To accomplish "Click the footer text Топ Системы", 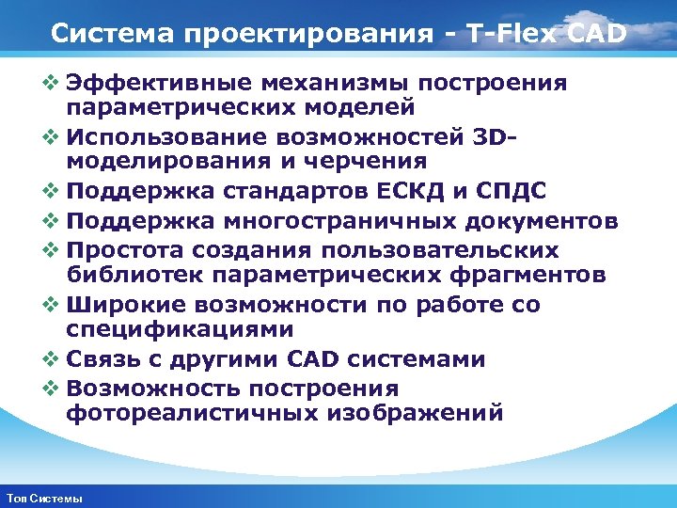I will pos(44,498).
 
